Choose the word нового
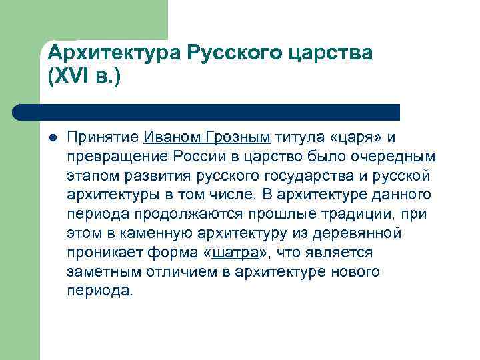(x=357, y=272)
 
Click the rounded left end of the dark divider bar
(x=18, y=112)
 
